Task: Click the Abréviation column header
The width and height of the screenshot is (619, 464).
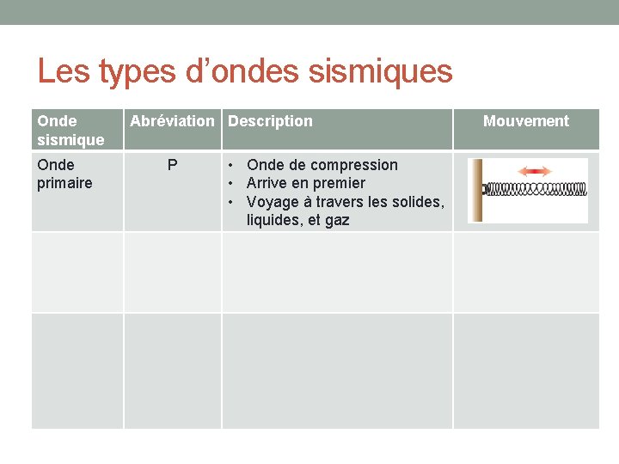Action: tap(172, 121)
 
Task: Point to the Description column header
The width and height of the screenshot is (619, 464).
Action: tap(270, 121)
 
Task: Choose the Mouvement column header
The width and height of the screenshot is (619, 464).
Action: tap(525, 121)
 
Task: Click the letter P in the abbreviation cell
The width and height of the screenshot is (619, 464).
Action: tap(173, 165)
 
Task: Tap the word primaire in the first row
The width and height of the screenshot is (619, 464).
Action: tap(64, 183)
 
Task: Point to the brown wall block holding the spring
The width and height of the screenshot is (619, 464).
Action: tap(475, 190)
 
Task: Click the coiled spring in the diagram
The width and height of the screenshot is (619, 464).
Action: tap(535, 189)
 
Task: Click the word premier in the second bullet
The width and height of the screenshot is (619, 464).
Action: tap(340, 183)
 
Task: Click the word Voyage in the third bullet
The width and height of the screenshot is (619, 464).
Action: tap(272, 202)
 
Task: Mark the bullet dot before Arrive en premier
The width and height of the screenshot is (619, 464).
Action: tap(232, 183)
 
